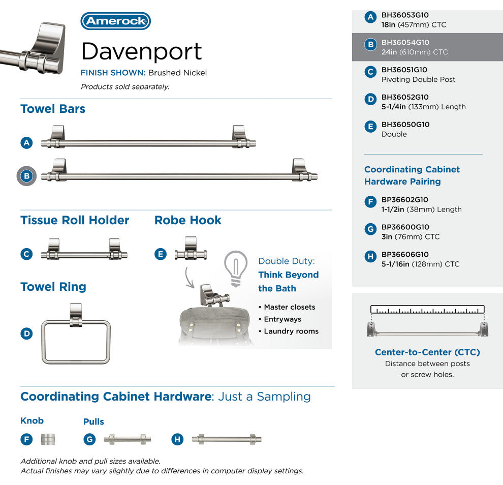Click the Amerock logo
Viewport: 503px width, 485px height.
click(x=115, y=21)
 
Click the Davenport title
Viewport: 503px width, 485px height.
click(x=141, y=51)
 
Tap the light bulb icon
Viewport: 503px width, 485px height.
click(x=236, y=268)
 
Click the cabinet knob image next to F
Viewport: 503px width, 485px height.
click(x=48, y=439)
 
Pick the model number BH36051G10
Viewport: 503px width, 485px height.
click(x=404, y=70)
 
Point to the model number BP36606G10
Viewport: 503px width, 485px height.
click(x=405, y=254)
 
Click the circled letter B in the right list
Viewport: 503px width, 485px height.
click(x=370, y=45)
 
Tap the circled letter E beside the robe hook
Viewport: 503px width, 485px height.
click(x=161, y=254)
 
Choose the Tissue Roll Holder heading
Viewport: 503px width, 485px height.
click(x=75, y=220)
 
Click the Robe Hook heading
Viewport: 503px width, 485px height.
click(x=187, y=220)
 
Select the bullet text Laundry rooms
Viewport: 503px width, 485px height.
click(x=291, y=331)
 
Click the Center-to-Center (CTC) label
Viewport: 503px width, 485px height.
click(x=427, y=352)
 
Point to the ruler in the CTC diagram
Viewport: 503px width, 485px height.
click(x=427, y=309)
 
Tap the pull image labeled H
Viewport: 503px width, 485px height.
click(x=227, y=439)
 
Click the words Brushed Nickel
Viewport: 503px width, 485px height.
click(x=177, y=73)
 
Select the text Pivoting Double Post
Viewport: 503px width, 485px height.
click(x=418, y=79)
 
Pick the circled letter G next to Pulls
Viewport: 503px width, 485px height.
click(x=89, y=439)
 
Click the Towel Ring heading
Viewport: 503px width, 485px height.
click(x=53, y=287)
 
